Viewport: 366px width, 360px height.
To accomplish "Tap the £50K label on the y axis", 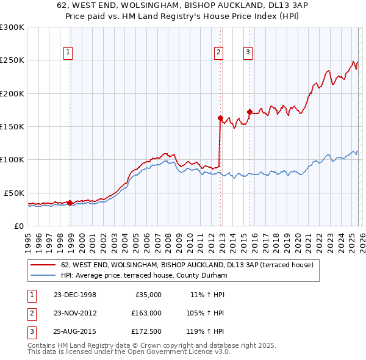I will pos(15,193).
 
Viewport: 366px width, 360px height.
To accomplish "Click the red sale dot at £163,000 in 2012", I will pos(220,118).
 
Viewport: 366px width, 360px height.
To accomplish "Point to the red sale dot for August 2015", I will pos(249,112).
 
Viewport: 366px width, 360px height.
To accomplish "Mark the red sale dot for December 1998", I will pos(70,203).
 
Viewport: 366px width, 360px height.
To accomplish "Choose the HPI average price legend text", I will pos(144,276).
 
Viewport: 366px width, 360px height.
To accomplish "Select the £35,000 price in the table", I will pos(146,294).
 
